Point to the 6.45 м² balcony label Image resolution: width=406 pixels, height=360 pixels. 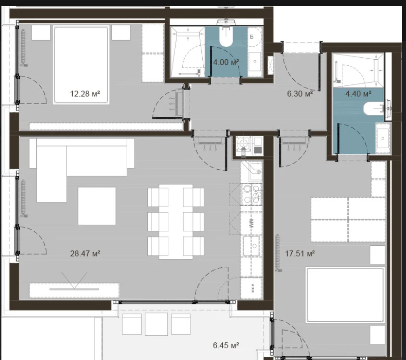[x=226, y=346]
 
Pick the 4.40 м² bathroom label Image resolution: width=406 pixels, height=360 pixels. [x=358, y=93]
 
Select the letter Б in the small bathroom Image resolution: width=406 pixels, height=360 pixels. [x=251, y=37]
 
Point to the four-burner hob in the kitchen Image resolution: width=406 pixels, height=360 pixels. [x=252, y=194]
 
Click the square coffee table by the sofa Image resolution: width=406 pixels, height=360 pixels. [x=96, y=206]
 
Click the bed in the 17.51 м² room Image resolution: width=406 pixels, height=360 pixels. [x=345, y=295]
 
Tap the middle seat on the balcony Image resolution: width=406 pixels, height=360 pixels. [x=156, y=324]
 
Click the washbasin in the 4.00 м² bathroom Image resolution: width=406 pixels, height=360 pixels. [x=255, y=60]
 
